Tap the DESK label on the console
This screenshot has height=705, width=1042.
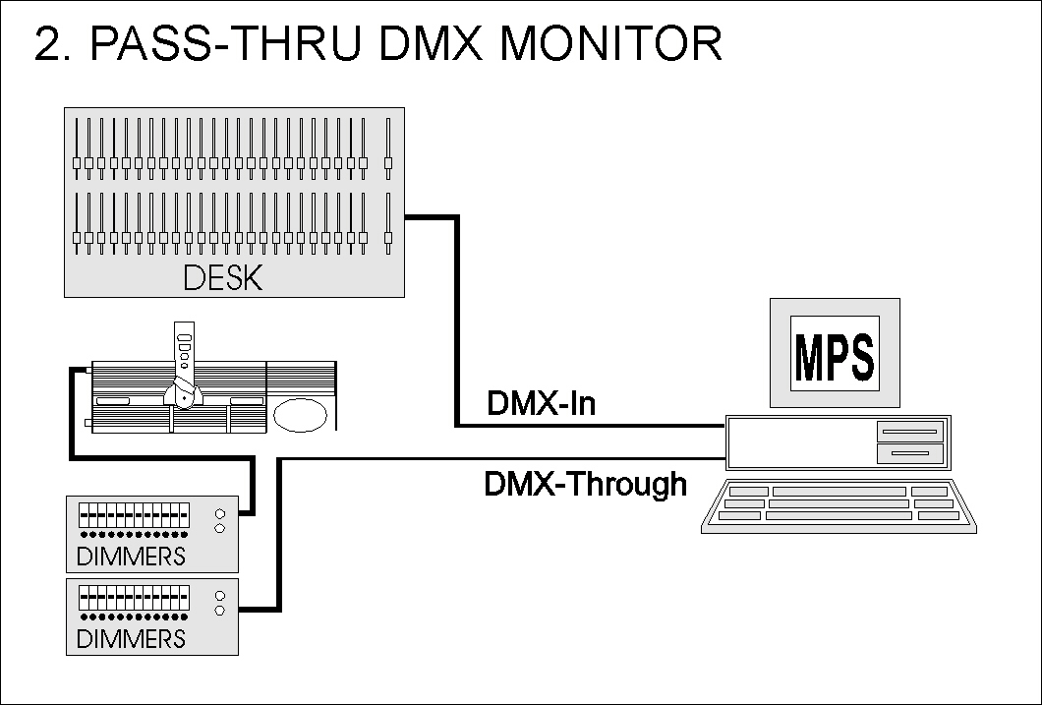point(223,278)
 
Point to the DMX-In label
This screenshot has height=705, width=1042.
point(541,403)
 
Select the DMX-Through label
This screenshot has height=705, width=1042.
point(586,484)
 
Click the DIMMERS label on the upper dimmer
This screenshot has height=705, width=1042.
point(131,557)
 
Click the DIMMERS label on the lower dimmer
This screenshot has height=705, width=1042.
point(131,639)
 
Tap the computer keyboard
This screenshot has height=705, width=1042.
point(838,505)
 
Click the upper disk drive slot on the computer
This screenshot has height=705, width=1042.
point(910,431)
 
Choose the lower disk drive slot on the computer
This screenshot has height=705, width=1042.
point(910,453)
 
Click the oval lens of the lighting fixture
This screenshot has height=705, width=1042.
point(302,415)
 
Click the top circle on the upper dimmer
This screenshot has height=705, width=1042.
point(220,513)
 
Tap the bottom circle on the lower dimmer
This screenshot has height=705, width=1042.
point(220,610)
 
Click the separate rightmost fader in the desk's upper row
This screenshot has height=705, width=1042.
point(388,162)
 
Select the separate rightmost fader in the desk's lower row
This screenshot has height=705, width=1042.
point(388,236)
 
